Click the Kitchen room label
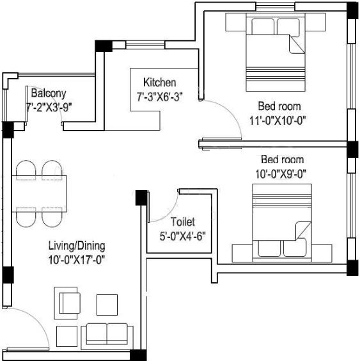click(x=159, y=83)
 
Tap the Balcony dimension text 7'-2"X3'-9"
click(x=48, y=108)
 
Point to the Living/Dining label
click(x=77, y=245)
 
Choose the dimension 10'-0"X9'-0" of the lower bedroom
click(x=282, y=172)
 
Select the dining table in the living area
click(x=40, y=193)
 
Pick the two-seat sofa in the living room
click(x=107, y=334)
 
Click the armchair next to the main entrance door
click(x=70, y=301)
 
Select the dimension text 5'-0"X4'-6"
click(x=182, y=234)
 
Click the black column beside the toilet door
click(x=140, y=198)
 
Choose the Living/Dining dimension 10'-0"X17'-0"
click(x=76, y=259)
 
